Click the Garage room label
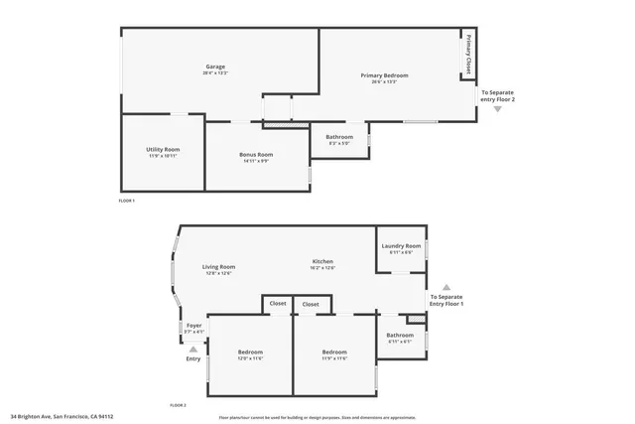(x=215, y=67)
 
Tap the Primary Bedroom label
(x=384, y=75)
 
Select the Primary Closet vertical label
(x=467, y=54)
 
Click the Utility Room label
(x=163, y=149)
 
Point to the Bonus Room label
(x=256, y=154)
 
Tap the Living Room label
(x=218, y=266)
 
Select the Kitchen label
(x=323, y=261)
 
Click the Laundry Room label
(x=401, y=245)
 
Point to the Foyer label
(x=194, y=326)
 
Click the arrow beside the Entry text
(x=193, y=349)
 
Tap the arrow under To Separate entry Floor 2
(x=498, y=109)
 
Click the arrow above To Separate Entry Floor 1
(x=445, y=286)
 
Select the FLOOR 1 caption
(x=126, y=201)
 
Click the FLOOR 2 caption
(x=178, y=406)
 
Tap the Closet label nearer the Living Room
(x=278, y=304)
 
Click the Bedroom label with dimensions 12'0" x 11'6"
(x=250, y=353)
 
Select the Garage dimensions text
(x=215, y=73)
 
